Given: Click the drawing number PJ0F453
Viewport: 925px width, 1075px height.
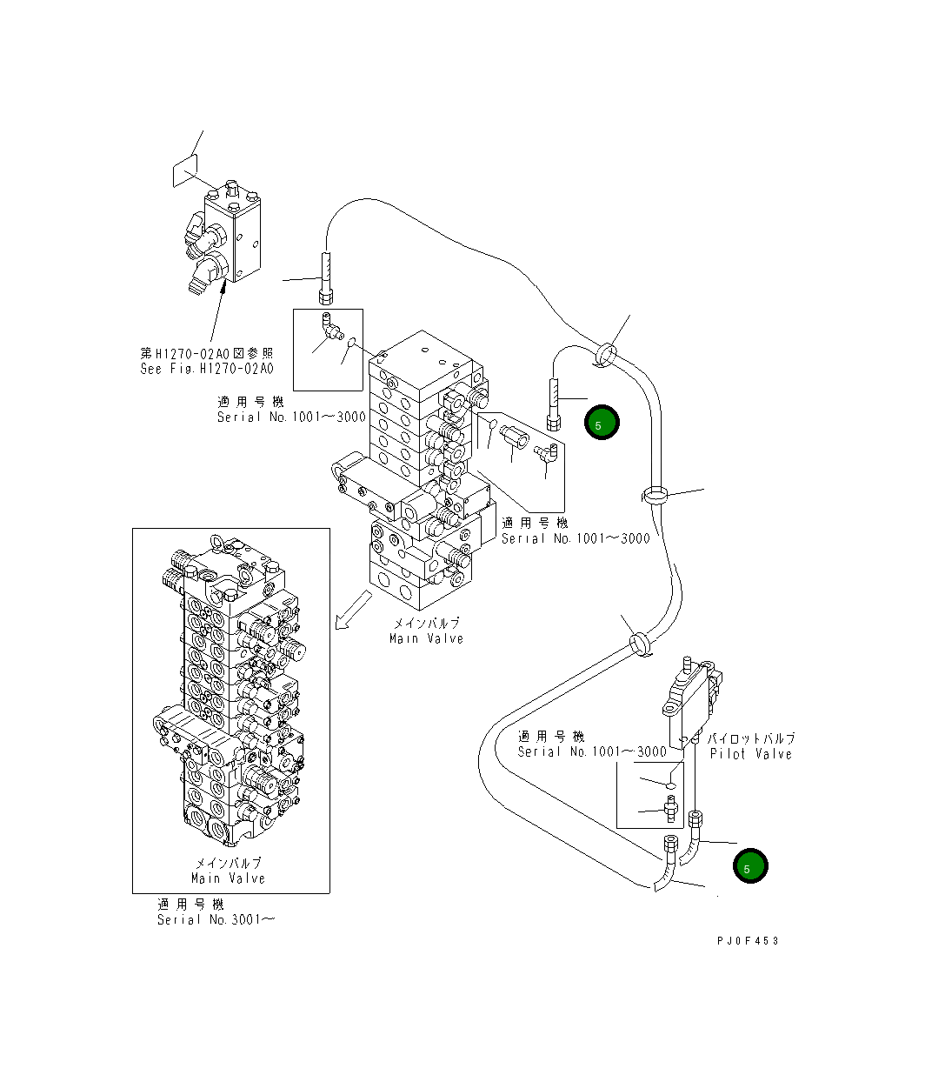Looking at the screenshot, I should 748,941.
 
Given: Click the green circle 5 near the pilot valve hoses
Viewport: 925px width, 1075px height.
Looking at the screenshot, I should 749,866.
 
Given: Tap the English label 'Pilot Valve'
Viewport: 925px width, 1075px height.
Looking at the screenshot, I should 750,754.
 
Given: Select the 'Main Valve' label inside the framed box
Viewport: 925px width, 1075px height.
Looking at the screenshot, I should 228,878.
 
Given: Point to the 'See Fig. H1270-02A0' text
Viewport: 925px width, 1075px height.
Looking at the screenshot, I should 207,369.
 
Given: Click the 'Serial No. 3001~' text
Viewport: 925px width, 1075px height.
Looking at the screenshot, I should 215,919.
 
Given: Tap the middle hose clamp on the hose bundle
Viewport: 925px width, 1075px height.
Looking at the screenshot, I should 655,496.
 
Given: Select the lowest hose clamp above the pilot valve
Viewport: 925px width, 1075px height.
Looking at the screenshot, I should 638,644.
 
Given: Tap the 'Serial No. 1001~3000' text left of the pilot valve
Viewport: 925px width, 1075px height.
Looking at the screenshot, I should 591,751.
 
